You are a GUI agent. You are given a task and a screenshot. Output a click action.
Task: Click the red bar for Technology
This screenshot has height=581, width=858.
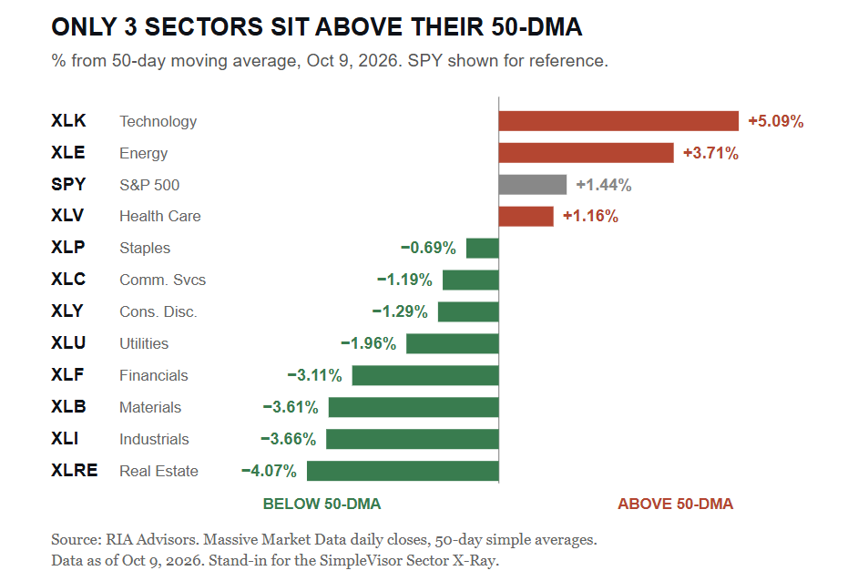click(618, 121)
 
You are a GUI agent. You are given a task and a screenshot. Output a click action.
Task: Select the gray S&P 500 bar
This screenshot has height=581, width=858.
click(533, 184)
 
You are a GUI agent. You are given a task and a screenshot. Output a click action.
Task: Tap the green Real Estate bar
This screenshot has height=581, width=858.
click(403, 471)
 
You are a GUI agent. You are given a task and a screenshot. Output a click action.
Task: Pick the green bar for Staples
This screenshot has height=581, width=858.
click(483, 248)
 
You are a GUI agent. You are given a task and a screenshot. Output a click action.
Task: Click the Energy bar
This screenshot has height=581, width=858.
click(586, 153)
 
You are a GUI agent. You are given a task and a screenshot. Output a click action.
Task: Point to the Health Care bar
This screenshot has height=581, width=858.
click(526, 216)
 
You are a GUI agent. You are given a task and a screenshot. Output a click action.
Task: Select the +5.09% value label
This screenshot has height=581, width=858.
click(776, 121)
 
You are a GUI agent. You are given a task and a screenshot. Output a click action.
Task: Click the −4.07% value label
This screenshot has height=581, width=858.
click(270, 471)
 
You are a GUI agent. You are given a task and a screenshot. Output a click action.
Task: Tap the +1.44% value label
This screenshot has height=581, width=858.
click(604, 185)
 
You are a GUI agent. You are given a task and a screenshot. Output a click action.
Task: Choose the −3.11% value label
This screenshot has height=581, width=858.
click(314, 375)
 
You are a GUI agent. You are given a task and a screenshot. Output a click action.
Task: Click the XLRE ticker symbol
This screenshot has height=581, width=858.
click(75, 471)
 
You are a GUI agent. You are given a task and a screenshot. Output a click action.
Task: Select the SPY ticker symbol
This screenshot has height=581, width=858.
click(68, 184)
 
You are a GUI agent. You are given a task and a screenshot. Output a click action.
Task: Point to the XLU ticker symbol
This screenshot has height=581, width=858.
click(68, 343)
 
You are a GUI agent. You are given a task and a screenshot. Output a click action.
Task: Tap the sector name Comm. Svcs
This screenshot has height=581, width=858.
click(162, 280)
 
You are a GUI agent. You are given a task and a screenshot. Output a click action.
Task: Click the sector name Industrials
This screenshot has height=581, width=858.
click(154, 439)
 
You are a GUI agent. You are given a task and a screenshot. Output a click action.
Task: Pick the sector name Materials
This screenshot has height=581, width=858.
click(150, 408)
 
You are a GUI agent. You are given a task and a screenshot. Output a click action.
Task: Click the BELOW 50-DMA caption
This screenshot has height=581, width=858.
click(322, 504)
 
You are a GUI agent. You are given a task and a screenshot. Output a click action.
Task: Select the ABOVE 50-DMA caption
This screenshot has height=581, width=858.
click(675, 504)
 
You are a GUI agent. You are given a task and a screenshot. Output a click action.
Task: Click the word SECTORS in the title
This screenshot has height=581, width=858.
click(204, 26)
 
